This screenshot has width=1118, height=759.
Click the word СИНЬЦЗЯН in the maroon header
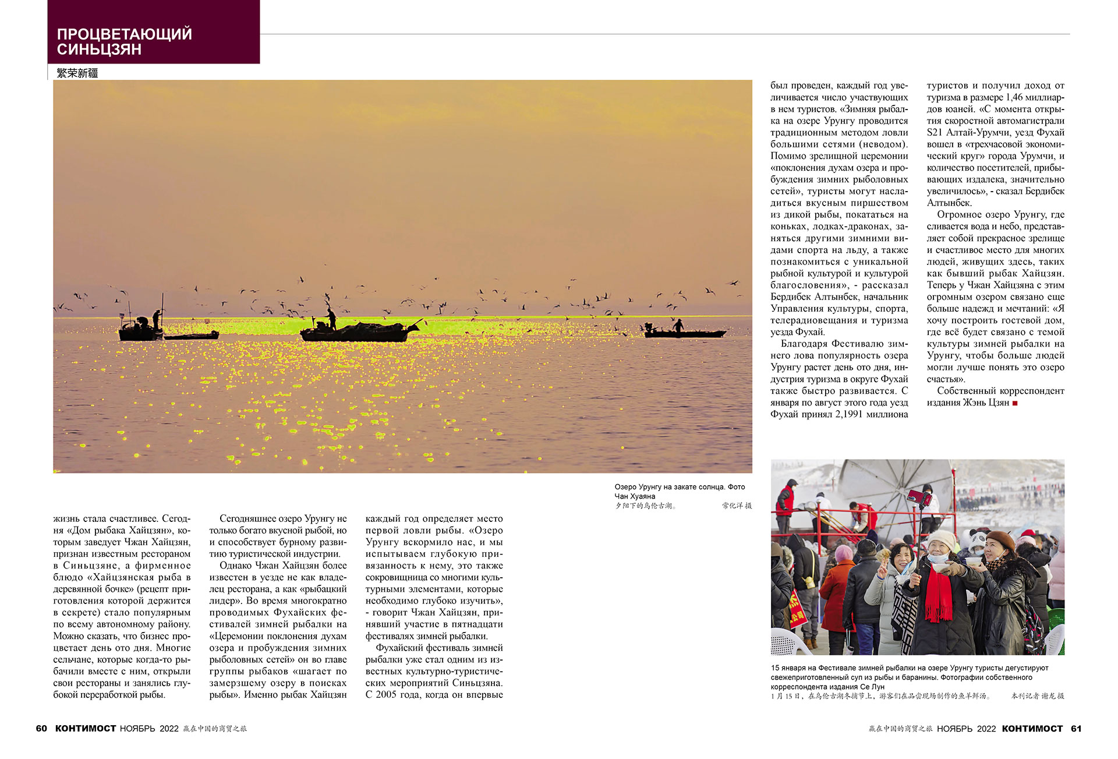coord(99,50)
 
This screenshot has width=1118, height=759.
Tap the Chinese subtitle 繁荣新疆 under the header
coord(77,73)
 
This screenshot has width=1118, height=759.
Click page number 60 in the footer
coord(41,729)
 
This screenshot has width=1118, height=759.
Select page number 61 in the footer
coord(1076,729)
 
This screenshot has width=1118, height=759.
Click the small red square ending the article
coord(1015,403)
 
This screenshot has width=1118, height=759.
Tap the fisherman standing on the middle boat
coord(331,319)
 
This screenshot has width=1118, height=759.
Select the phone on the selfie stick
coord(919,497)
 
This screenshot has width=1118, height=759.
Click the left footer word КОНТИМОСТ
coord(86,729)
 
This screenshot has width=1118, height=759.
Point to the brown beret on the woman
coord(999,538)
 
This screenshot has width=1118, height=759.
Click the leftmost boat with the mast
coord(140,329)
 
